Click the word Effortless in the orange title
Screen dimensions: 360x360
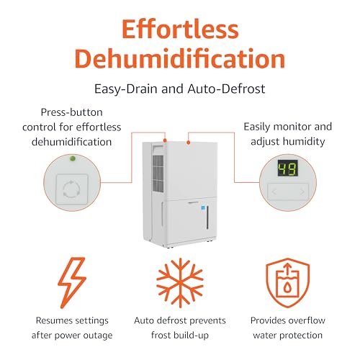[180, 29]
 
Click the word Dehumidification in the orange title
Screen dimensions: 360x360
[180, 58]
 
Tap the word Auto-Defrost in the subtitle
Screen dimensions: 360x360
[226, 89]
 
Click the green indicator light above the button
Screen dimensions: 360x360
[73, 158]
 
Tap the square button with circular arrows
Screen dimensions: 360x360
[72, 189]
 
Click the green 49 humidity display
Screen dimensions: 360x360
[288, 168]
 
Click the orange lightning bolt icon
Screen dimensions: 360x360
[72, 283]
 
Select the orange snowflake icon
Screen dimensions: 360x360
[180, 283]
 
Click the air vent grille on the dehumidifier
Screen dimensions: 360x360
[158, 174]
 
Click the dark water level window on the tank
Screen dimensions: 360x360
[207, 217]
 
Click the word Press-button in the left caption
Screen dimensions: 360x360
[72, 112]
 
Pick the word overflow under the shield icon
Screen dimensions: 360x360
[307, 320]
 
